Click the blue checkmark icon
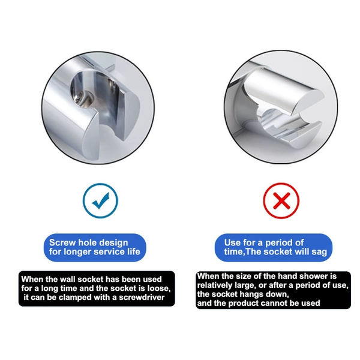pyautogui.click(x=100, y=200)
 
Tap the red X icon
pyautogui.click(x=281, y=200)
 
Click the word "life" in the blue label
pyautogui.click(x=133, y=251)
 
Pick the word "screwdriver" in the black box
pyautogui.click(x=142, y=298)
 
